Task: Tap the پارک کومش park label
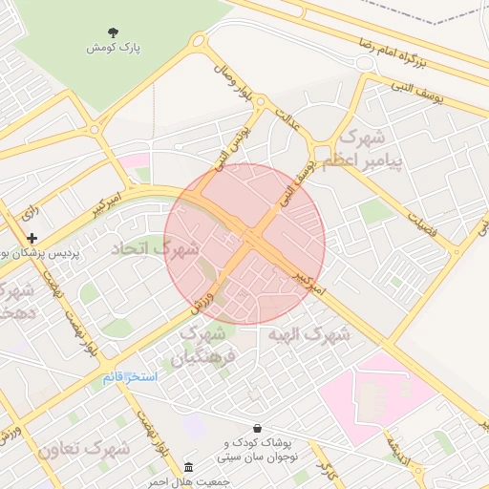tap(115, 48)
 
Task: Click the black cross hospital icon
tap(32, 238)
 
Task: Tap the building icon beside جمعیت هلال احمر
tap(188, 468)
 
